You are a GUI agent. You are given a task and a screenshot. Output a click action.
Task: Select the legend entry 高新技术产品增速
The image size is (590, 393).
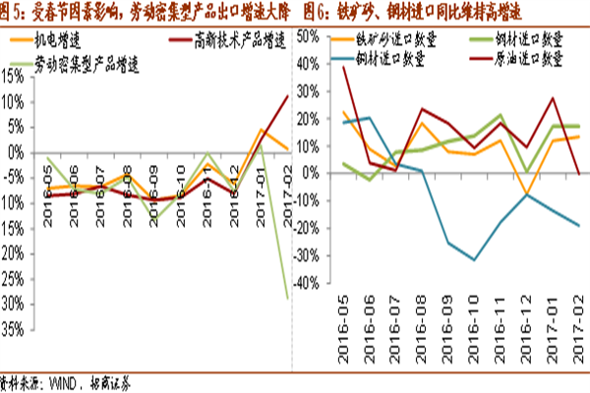click(x=227, y=40)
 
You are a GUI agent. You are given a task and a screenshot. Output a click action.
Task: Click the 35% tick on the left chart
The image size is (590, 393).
click(x=13, y=329)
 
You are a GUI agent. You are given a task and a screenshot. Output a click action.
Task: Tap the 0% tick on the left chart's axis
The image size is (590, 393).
click(x=17, y=152)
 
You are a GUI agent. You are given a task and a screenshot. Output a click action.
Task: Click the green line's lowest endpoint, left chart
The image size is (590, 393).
click(x=287, y=298)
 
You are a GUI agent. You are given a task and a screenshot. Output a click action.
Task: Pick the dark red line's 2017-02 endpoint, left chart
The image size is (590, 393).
click(x=287, y=95)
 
